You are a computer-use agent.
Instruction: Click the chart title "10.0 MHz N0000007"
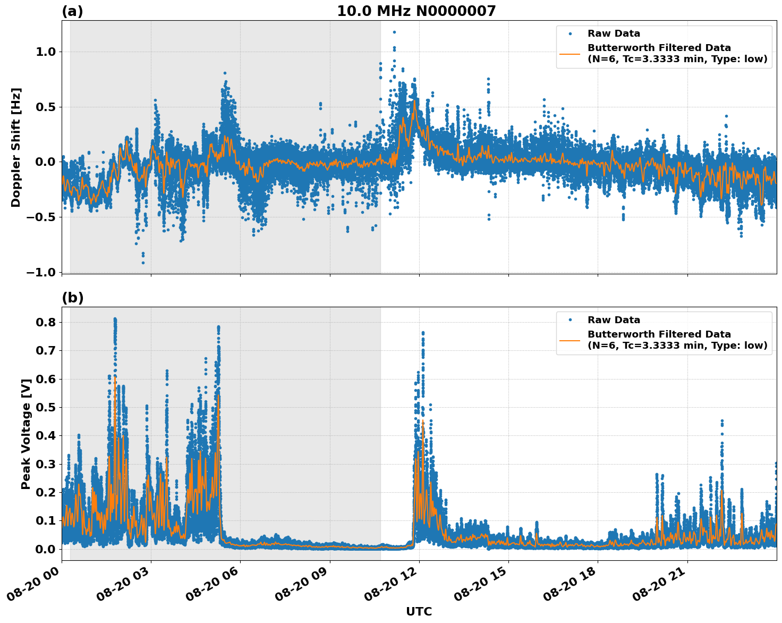click(416, 11)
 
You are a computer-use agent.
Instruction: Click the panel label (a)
click(72, 11)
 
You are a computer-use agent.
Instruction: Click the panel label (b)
click(72, 298)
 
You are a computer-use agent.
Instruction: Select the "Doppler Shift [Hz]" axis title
click(16, 147)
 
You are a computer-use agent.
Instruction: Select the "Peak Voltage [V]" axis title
click(25, 434)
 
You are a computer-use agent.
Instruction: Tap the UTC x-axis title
click(419, 611)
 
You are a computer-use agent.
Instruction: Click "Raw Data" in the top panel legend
click(614, 33)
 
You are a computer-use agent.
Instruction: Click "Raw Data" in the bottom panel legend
click(614, 320)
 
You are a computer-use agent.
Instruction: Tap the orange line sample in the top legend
click(570, 54)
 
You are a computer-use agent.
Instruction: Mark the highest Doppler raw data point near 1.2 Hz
click(394, 32)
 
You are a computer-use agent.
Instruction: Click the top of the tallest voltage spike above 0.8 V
click(115, 319)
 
